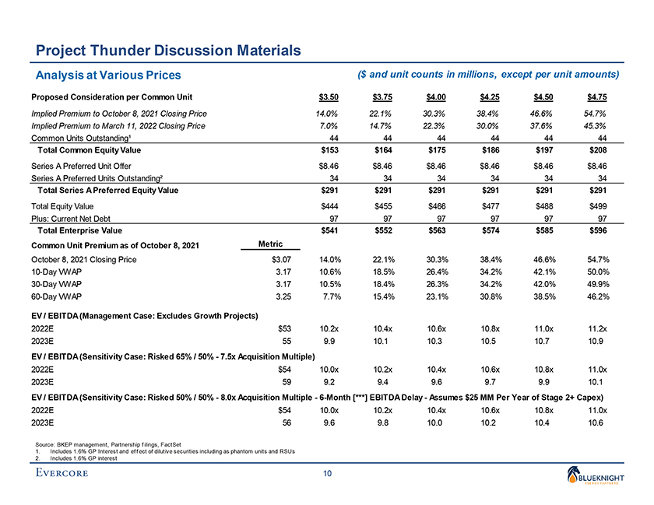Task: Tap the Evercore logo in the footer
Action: click(67, 473)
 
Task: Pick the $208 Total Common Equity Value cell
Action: click(597, 149)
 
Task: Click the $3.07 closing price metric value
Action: click(280, 259)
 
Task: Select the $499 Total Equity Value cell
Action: click(597, 205)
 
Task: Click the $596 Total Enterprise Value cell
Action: click(597, 231)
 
